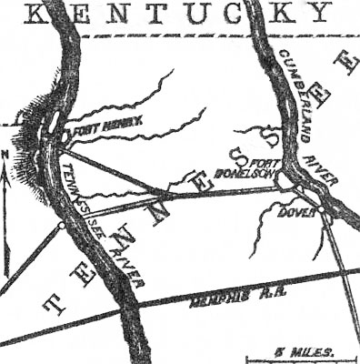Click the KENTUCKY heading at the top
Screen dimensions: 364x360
tap(178, 13)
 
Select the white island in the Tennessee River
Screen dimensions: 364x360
tap(55, 121)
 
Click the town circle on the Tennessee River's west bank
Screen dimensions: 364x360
tap(61, 225)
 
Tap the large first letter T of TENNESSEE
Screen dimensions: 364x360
tap(54, 304)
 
